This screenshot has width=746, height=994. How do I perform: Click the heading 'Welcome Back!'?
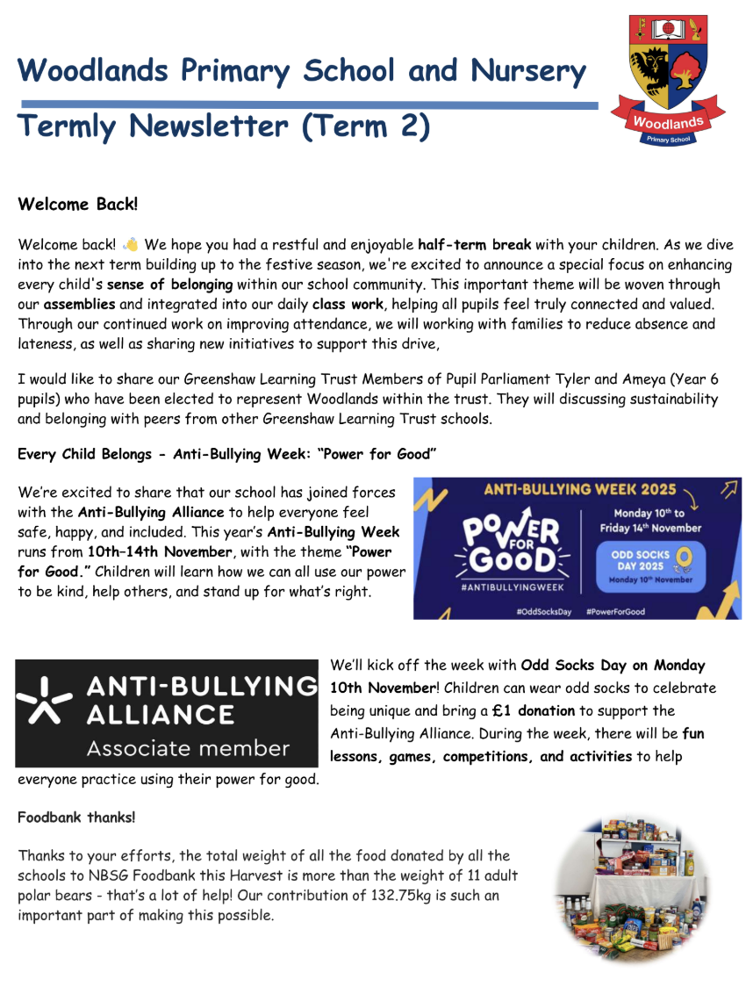[78, 205]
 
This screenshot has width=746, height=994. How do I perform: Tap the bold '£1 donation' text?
[533, 710]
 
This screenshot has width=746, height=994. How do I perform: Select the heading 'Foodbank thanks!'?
[76, 818]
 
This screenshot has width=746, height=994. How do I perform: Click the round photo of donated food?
[624, 889]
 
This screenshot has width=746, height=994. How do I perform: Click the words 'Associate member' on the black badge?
[188, 749]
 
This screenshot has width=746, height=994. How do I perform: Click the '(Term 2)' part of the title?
[366, 126]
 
